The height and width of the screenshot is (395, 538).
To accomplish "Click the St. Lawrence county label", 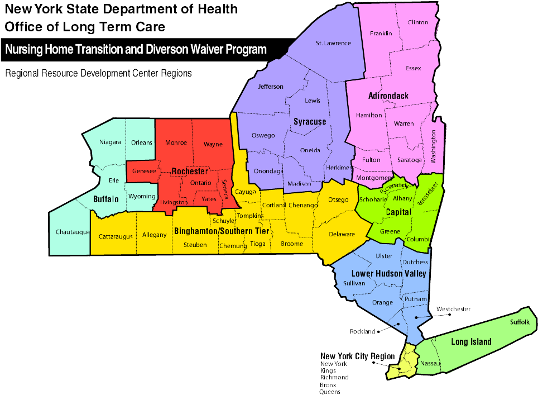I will [x=333, y=43].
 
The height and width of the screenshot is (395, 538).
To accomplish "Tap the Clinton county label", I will [x=418, y=22].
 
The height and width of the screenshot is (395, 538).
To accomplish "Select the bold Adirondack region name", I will [x=388, y=96].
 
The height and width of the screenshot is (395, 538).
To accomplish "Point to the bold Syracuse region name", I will [x=310, y=121].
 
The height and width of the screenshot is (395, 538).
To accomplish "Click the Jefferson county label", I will [x=271, y=87].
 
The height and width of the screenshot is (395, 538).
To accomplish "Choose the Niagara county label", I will [x=110, y=142].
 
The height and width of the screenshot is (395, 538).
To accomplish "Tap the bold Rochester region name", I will [x=190, y=171].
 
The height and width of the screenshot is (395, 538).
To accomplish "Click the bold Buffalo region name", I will [x=106, y=199].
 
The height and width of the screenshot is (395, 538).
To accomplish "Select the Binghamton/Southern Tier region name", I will [x=222, y=231].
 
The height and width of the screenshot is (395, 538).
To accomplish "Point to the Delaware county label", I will [x=342, y=234].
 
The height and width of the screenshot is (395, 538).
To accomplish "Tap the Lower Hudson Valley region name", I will [x=388, y=274].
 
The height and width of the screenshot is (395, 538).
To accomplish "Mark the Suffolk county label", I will [x=520, y=322].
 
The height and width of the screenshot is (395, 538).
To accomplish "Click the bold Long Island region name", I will [x=471, y=342].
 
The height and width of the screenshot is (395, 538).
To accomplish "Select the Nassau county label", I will [x=430, y=364].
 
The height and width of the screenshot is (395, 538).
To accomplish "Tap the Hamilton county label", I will [x=369, y=115].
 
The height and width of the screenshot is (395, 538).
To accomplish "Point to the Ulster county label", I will [x=384, y=256].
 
